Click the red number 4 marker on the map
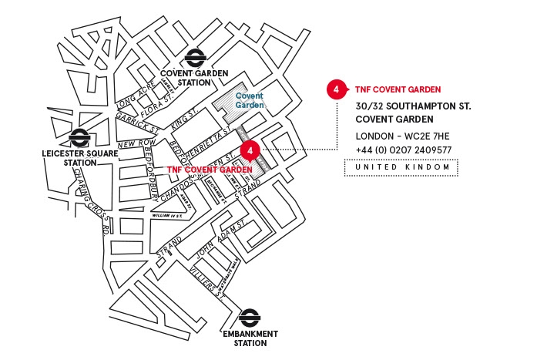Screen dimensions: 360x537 point(248,150)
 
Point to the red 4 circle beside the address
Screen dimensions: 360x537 point(335,89)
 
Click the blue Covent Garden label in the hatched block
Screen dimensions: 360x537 point(250,100)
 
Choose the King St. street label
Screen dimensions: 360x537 point(185,119)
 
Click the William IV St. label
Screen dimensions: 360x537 point(167,215)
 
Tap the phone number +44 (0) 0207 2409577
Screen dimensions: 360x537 point(404,150)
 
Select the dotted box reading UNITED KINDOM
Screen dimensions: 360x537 point(401,167)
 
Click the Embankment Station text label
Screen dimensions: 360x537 point(250,338)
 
